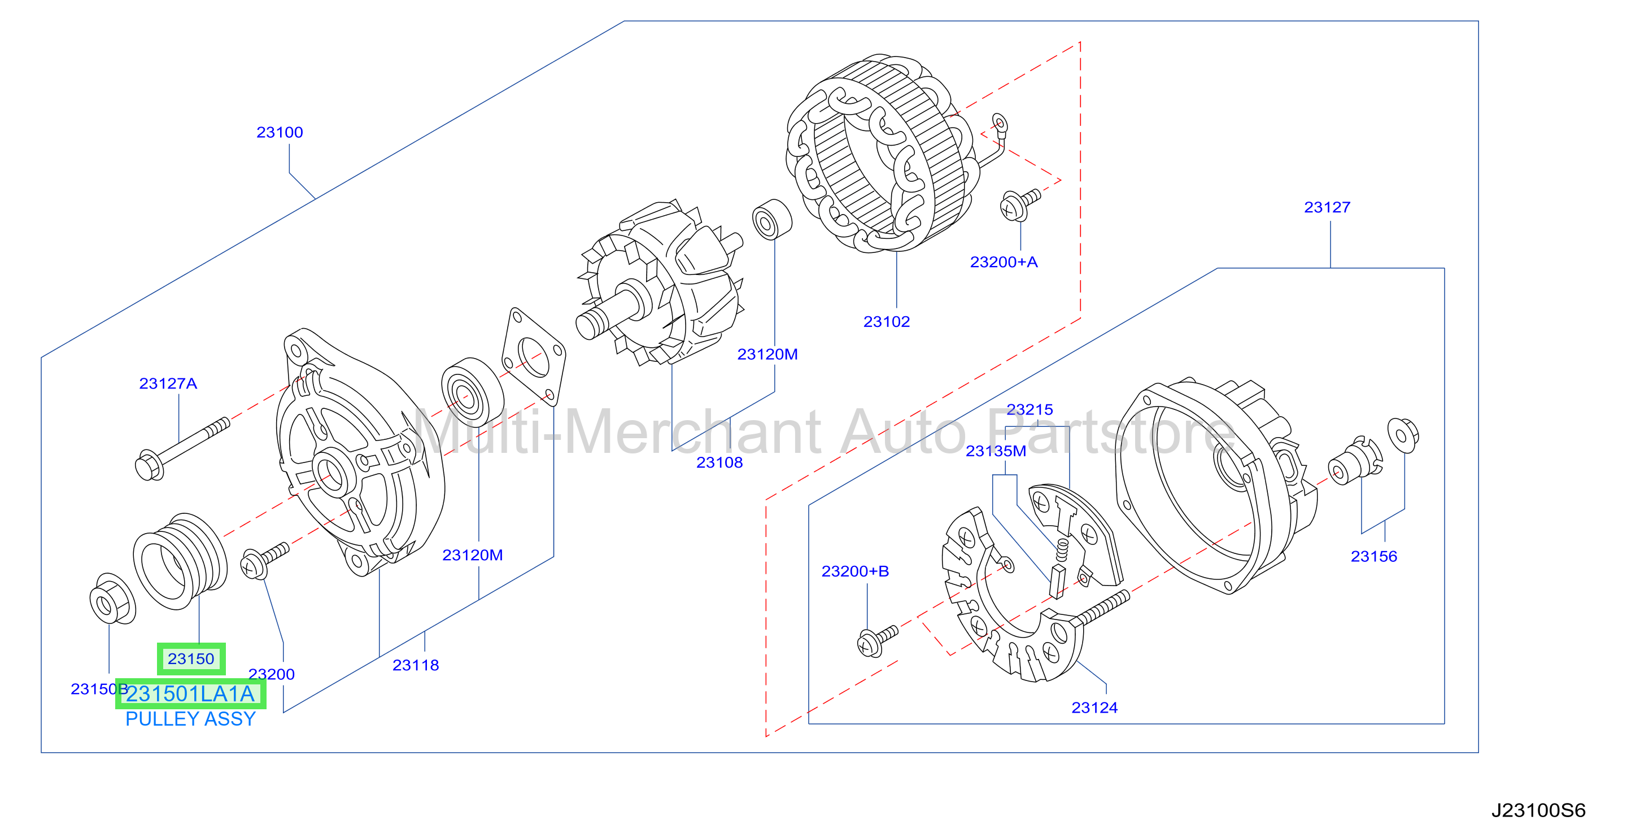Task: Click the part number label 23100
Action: [280, 133]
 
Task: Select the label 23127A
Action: [168, 383]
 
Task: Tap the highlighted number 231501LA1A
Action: [190, 694]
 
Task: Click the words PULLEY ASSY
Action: [190, 719]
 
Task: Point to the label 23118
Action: [416, 665]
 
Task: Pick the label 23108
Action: [719, 462]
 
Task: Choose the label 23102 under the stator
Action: [887, 321]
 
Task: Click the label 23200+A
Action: [1004, 262]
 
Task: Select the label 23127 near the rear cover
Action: [1327, 207]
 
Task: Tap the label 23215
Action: [1029, 409]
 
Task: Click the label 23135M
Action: [996, 451]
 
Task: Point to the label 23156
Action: [1374, 556]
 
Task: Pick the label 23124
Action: [1094, 708]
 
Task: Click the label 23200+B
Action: [855, 571]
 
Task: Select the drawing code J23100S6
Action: [1538, 810]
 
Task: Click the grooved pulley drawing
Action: [180, 561]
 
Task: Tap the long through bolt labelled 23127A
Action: [182, 449]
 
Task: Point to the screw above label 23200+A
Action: [1020, 204]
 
